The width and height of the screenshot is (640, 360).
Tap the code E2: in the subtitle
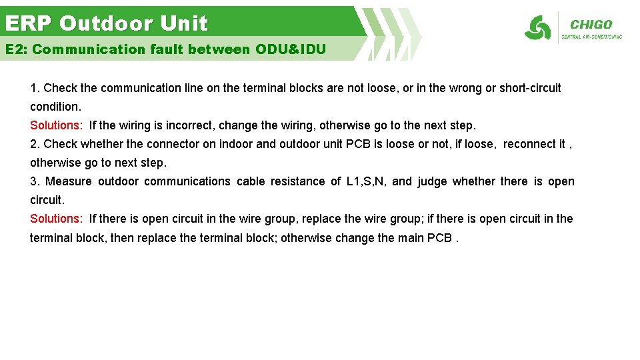point(16,49)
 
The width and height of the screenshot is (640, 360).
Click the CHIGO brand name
point(591,25)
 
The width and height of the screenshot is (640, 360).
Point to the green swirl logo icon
point(537,28)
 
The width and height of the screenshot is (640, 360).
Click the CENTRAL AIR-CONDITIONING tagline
point(592,37)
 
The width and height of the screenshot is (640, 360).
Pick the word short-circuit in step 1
point(530,88)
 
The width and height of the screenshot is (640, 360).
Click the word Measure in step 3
point(69,181)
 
